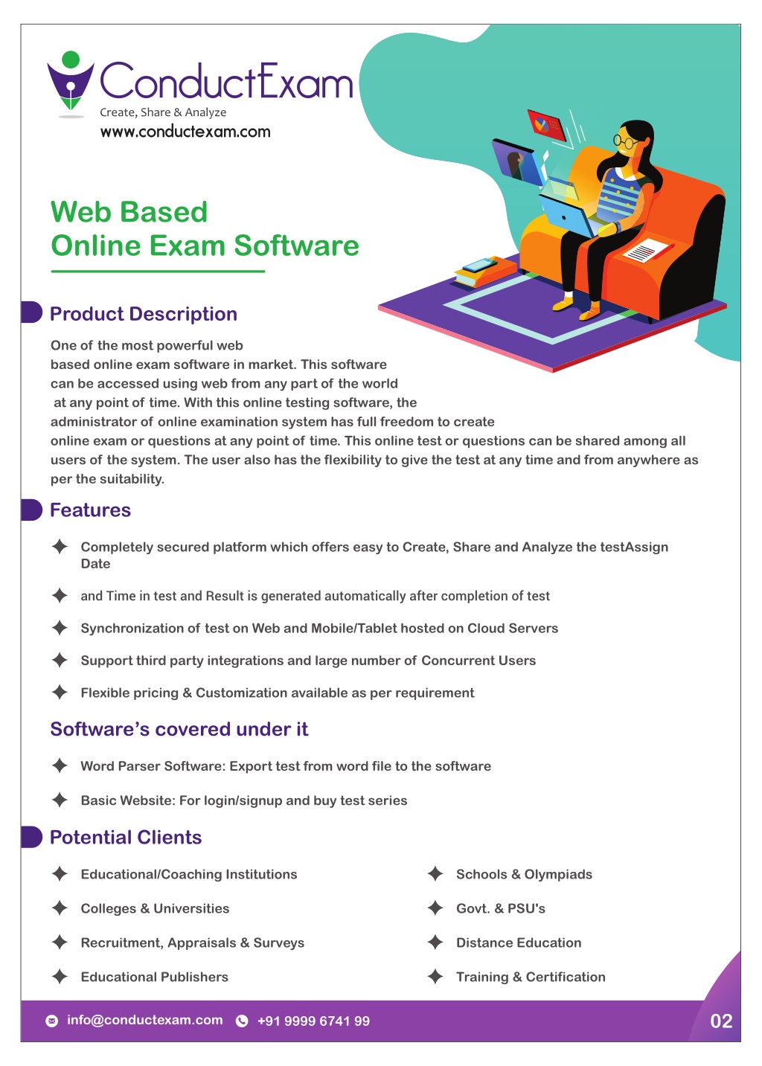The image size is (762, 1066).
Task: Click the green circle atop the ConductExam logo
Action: click(x=71, y=60)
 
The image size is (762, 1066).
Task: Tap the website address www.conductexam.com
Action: click(x=185, y=132)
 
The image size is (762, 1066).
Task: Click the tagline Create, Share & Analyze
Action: click(x=163, y=112)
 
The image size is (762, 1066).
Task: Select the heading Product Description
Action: click(x=144, y=314)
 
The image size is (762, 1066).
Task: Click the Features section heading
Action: click(x=90, y=510)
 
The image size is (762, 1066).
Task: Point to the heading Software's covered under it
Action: click(x=179, y=729)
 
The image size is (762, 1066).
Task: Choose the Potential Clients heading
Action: click(x=126, y=837)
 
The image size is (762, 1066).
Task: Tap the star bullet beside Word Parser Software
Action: click(x=60, y=765)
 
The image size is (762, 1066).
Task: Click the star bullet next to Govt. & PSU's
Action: click(x=435, y=908)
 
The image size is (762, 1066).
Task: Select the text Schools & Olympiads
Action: click(x=524, y=874)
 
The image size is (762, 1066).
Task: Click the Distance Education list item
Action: click(x=519, y=943)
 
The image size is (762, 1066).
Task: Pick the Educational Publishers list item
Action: click(x=154, y=977)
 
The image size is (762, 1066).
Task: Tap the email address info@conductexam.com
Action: click(x=144, y=1020)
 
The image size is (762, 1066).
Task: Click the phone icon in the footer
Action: click(x=242, y=1021)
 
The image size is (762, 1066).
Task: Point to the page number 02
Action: click(x=721, y=1021)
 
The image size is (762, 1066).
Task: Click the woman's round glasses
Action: click(x=625, y=141)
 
